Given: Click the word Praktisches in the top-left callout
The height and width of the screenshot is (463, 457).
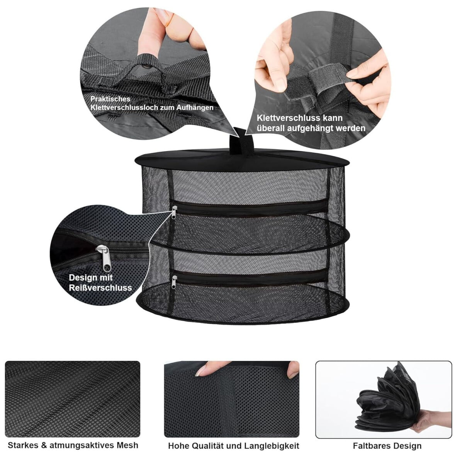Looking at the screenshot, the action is pyautogui.click(x=110, y=99).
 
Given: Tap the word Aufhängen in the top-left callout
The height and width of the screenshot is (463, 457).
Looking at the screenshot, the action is pyautogui.click(x=195, y=107).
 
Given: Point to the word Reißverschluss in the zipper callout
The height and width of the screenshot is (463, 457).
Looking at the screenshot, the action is pyautogui.click(x=100, y=287).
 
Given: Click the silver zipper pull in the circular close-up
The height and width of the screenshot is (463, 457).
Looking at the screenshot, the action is pyautogui.click(x=104, y=258).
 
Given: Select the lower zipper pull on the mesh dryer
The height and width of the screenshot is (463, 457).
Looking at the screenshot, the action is pyautogui.click(x=174, y=282).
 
